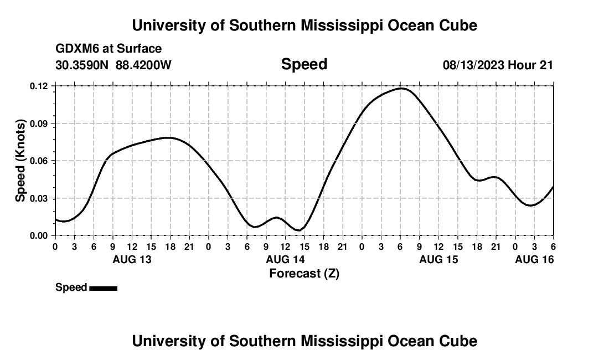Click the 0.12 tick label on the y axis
[x=40, y=86]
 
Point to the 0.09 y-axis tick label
[x=40, y=124]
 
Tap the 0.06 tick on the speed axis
[x=40, y=161]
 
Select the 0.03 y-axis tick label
[x=40, y=198]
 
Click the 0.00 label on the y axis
[x=40, y=235]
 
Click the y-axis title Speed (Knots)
[x=20, y=161]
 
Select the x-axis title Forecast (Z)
[x=304, y=273]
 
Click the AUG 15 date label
[x=438, y=259]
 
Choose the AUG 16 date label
[x=534, y=259]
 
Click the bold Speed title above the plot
[x=304, y=64]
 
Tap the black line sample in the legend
[x=103, y=288]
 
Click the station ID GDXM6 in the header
[x=76, y=49]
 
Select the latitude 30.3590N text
[x=82, y=65]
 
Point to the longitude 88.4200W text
[x=143, y=65]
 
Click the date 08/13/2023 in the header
[x=473, y=65]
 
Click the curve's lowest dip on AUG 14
[x=298, y=230]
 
